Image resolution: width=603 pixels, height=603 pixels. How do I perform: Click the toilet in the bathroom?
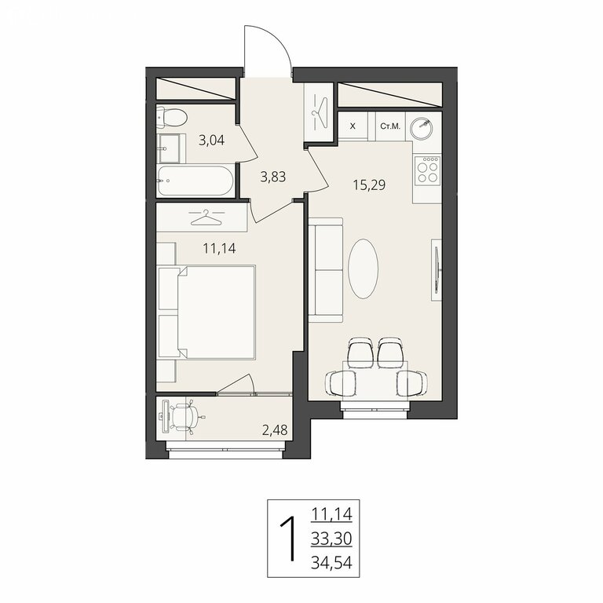pyautogui.click(x=171, y=117)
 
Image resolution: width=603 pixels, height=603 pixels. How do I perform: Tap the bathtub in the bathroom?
pyautogui.click(x=195, y=181)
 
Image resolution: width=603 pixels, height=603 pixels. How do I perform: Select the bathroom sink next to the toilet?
pyautogui.click(x=169, y=148)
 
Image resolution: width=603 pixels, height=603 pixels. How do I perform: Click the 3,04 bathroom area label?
pyautogui.click(x=211, y=140)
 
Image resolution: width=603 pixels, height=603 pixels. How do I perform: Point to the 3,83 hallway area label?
pyautogui.click(x=273, y=177)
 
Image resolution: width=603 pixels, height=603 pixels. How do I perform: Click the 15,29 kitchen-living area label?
pyautogui.click(x=369, y=185)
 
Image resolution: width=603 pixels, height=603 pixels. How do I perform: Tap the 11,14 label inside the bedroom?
pyautogui.click(x=219, y=248)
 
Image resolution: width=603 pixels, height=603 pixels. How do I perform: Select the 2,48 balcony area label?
pyautogui.click(x=275, y=430)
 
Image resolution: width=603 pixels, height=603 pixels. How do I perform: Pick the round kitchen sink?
pyautogui.click(x=421, y=127)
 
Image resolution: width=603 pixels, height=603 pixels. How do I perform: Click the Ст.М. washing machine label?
pyautogui.click(x=390, y=126)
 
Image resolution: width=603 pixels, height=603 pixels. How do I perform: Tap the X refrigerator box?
pyautogui.click(x=353, y=126)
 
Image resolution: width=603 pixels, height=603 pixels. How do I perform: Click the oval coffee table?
pyautogui.click(x=363, y=269)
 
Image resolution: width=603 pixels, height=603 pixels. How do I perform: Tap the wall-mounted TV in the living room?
pyautogui.click(x=437, y=269)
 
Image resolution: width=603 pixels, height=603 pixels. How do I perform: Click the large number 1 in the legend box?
pyautogui.click(x=290, y=539)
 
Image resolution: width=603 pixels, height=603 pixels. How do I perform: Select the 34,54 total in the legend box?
pyautogui.click(x=331, y=564)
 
